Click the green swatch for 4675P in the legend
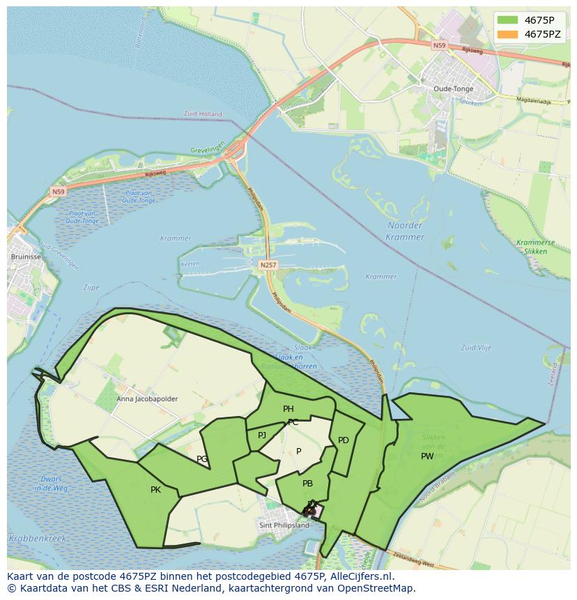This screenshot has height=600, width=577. (507, 20)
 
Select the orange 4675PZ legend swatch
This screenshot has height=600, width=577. (507, 34)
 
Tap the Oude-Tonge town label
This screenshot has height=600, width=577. (453, 89)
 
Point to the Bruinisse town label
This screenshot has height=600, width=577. (26, 256)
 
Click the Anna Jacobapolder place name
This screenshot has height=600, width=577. (146, 399)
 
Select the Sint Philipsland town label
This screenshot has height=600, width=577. (284, 525)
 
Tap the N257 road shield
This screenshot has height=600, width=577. (268, 265)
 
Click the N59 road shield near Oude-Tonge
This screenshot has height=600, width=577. (438, 45)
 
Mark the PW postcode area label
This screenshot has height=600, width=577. (427, 456)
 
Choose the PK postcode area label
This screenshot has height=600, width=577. (155, 490)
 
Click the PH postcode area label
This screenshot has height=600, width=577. (288, 409)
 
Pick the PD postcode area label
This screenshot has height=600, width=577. (343, 440)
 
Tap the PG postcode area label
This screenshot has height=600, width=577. (202, 459)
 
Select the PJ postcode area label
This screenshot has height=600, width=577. (262, 436)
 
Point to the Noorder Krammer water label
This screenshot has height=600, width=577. (404, 231)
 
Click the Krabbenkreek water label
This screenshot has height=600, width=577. (37, 538)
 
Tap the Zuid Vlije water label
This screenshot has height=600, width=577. (476, 347)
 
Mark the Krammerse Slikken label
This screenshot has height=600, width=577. (536, 246)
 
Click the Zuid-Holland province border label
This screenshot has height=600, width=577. (203, 114)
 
